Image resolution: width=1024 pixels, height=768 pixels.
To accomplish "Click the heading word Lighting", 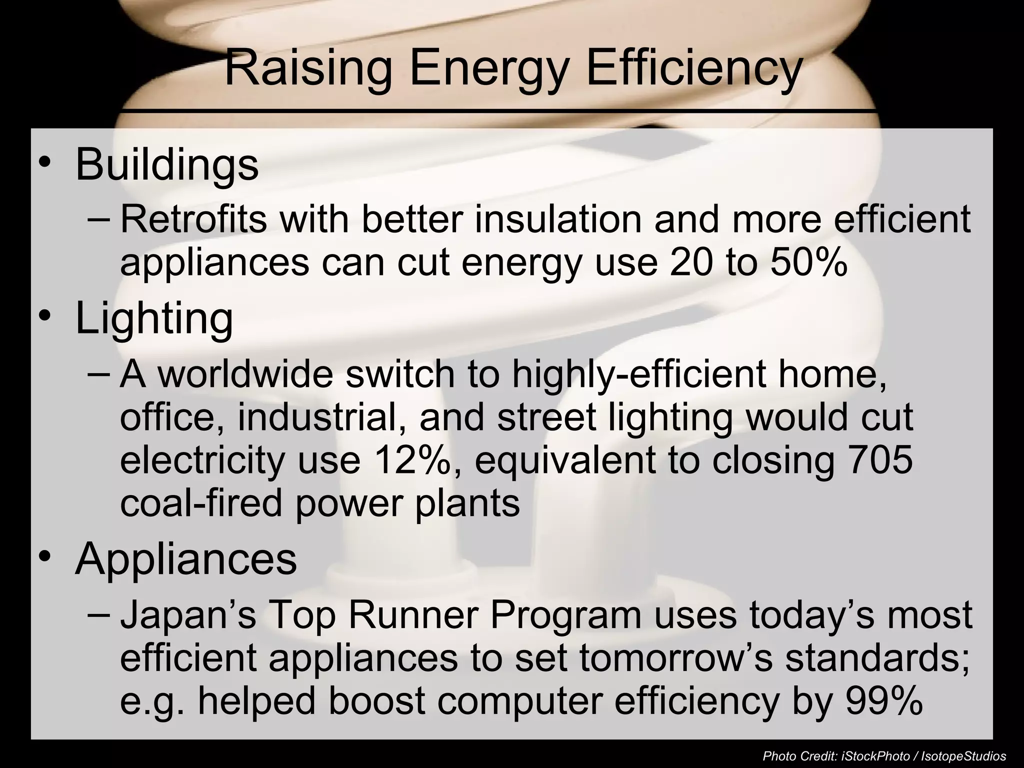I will pyautogui.click(x=154, y=320).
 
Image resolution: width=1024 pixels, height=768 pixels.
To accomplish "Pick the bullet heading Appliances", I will pyautogui.click(x=185, y=559).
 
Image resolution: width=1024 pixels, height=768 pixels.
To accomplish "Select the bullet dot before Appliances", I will pyautogui.click(x=45, y=557).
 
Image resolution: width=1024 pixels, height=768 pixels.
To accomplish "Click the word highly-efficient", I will pyautogui.click(x=638, y=374).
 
